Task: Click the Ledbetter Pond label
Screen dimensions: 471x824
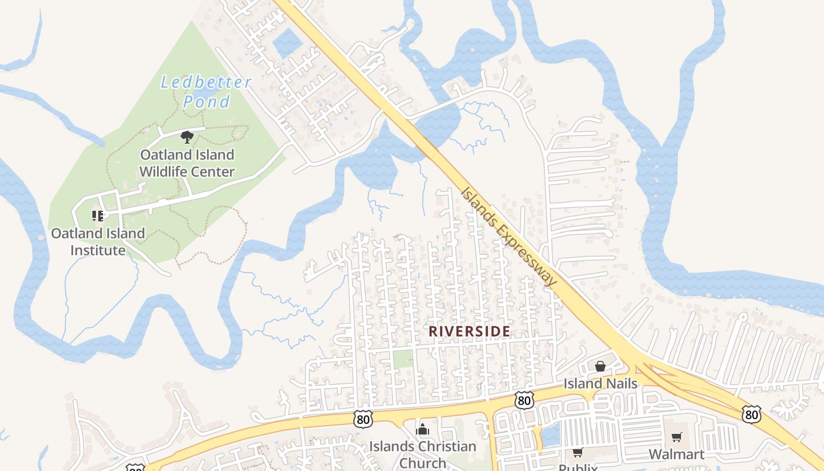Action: (206, 92)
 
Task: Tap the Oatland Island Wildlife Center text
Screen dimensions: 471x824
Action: (187, 163)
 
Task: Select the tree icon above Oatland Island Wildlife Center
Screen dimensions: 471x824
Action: (187, 138)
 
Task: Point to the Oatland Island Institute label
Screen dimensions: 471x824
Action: (98, 241)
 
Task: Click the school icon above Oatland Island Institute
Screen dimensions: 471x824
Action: (98, 216)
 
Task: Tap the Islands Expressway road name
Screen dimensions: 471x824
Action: (509, 237)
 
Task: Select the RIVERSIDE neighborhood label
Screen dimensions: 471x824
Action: (469, 331)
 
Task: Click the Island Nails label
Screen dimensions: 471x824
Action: (600, 384)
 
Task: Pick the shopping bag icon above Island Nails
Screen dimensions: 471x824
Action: (600, 366)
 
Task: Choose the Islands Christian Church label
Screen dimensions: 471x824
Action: (423, 454)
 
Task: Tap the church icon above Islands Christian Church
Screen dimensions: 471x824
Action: (423, 429)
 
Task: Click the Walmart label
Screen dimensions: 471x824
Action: (676, 455)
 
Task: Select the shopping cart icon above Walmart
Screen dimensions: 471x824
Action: (676, 437)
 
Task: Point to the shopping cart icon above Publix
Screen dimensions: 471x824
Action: (577, 453)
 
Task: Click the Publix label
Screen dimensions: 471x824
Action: (577, 467)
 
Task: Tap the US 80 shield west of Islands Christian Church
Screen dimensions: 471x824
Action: (363, 419)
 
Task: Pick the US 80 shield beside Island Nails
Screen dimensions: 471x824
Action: (523, 400)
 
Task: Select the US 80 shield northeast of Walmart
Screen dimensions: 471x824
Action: (751, 414)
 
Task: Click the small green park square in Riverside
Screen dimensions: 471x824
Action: (403, 359)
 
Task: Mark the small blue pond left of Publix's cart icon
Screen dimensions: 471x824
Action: (551, 436)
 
